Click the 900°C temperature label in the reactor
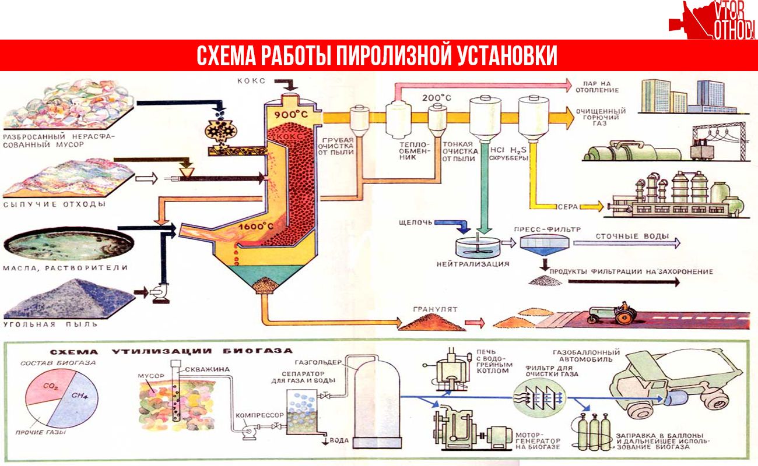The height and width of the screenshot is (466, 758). (x=291, y=115)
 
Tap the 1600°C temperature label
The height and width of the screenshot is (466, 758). (x=255, y=226)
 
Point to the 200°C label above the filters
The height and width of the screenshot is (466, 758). (x=437, y=98)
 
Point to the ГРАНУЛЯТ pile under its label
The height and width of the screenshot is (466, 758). (x=432, y=322)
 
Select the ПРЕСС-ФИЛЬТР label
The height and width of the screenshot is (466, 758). (x=547, y=230)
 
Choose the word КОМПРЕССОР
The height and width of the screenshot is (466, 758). (x=259, y=415)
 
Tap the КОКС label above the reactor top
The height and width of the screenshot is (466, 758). (x=251, y=81)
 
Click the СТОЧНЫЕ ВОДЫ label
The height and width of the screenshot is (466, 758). (x=632, y=236)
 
